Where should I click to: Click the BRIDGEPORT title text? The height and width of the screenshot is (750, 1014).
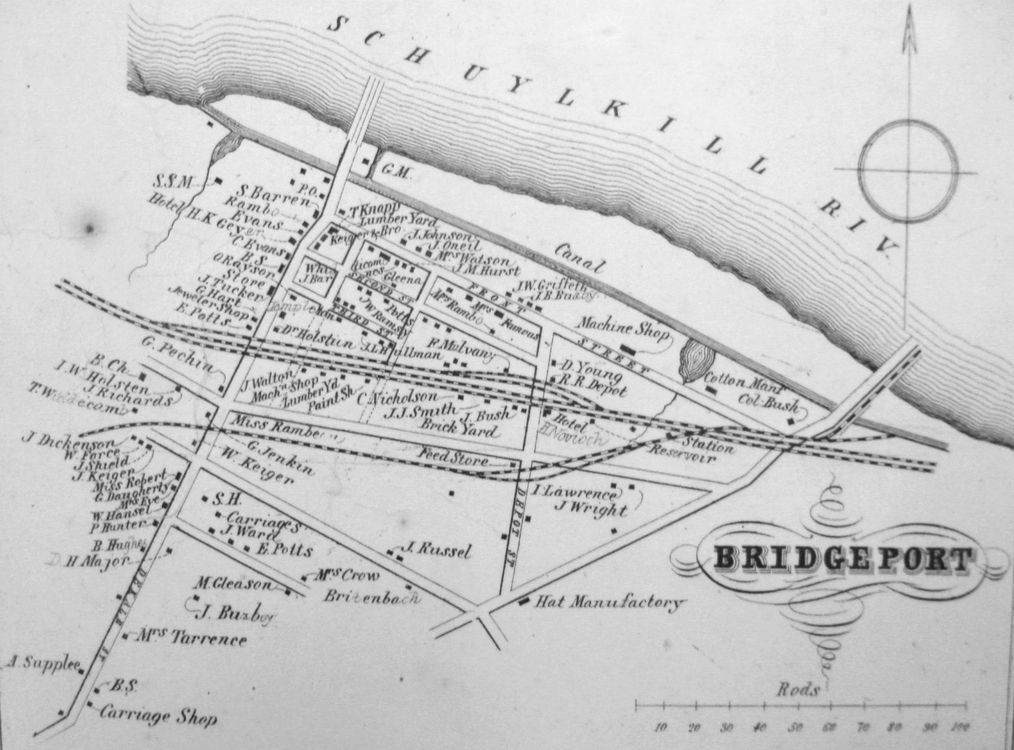(844, 560)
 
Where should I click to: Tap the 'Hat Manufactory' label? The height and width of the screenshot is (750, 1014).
(609, 603)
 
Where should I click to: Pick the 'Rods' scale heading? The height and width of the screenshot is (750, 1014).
(798, 689)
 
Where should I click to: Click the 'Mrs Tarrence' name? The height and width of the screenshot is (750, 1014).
(191, 638)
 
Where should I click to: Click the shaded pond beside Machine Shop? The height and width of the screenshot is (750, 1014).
(697, 362)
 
